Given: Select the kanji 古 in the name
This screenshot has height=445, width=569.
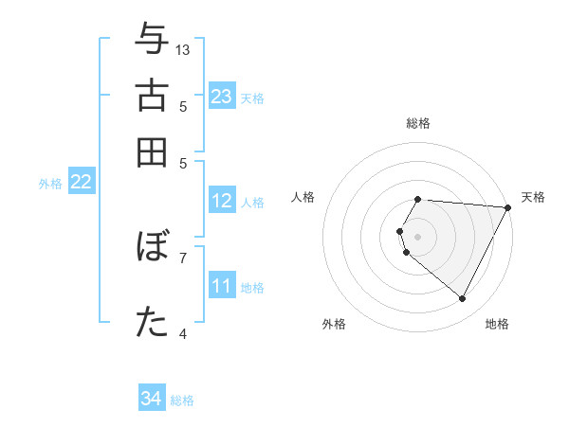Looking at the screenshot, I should click(152, 97).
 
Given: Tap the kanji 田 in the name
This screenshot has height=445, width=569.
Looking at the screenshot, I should click(152, 151).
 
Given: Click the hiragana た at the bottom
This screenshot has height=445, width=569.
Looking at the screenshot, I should click(152, 322).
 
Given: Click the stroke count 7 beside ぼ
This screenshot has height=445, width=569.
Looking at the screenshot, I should click(183, 257).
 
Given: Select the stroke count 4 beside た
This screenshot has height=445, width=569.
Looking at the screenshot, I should click(183, 333).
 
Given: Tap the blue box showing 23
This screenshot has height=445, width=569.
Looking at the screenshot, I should click(222, 97).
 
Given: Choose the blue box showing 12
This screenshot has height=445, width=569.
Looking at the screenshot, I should click(222, 201).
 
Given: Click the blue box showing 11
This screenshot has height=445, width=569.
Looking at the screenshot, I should click(222, 285).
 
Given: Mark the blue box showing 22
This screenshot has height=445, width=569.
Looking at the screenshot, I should click(81, 183).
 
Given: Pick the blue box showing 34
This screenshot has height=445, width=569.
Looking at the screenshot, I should click(152, 399).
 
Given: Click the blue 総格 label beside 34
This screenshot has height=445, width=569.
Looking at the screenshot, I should click(182, 400).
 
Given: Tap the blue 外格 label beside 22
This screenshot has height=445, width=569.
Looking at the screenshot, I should click(49, 184).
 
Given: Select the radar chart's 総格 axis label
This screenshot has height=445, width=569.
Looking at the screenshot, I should click(417, 123).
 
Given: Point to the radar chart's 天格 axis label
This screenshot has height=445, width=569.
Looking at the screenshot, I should click(533, 197).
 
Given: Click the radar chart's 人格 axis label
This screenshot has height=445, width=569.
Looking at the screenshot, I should click(303, 197).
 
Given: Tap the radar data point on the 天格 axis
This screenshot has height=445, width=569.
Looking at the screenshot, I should click(508, 207).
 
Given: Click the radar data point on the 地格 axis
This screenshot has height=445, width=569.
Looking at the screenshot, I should click(463, 299).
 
